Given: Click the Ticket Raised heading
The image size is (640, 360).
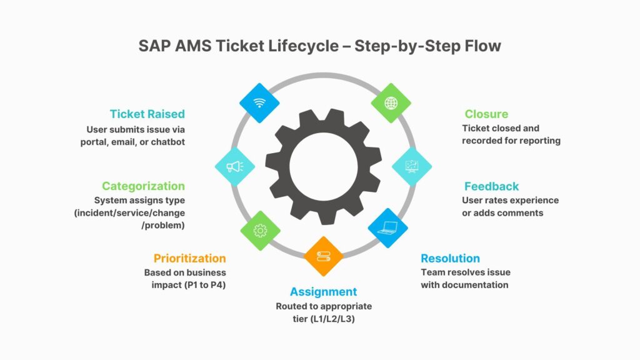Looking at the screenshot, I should click(x=147, y=114).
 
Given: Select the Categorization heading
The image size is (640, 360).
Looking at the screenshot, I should click(x=143, y=186).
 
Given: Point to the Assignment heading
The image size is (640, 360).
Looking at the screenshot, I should click(x=323, y=292).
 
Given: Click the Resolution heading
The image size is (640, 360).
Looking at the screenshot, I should click(x=450, y=258).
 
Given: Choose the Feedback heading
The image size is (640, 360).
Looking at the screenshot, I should click(x=491, y=186).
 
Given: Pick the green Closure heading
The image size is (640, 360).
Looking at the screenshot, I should click(x=486, y=114).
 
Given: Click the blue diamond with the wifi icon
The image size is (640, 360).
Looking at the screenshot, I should click(x=260, y=102).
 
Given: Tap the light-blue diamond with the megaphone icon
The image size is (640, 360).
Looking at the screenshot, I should click(x=234, y=166).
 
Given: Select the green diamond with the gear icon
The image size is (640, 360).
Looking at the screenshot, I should click(x=260, y=230).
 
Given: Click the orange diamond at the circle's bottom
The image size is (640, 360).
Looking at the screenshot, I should click(x=323, y=256).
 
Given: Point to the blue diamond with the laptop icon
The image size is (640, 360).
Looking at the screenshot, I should click(x=387, y=228).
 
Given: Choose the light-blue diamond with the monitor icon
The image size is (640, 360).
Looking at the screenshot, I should click(x=411, y=166).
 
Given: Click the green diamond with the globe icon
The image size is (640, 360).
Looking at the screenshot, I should click(x=391, y=102).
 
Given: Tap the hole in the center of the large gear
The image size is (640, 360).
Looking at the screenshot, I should click(x=323, y=166).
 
